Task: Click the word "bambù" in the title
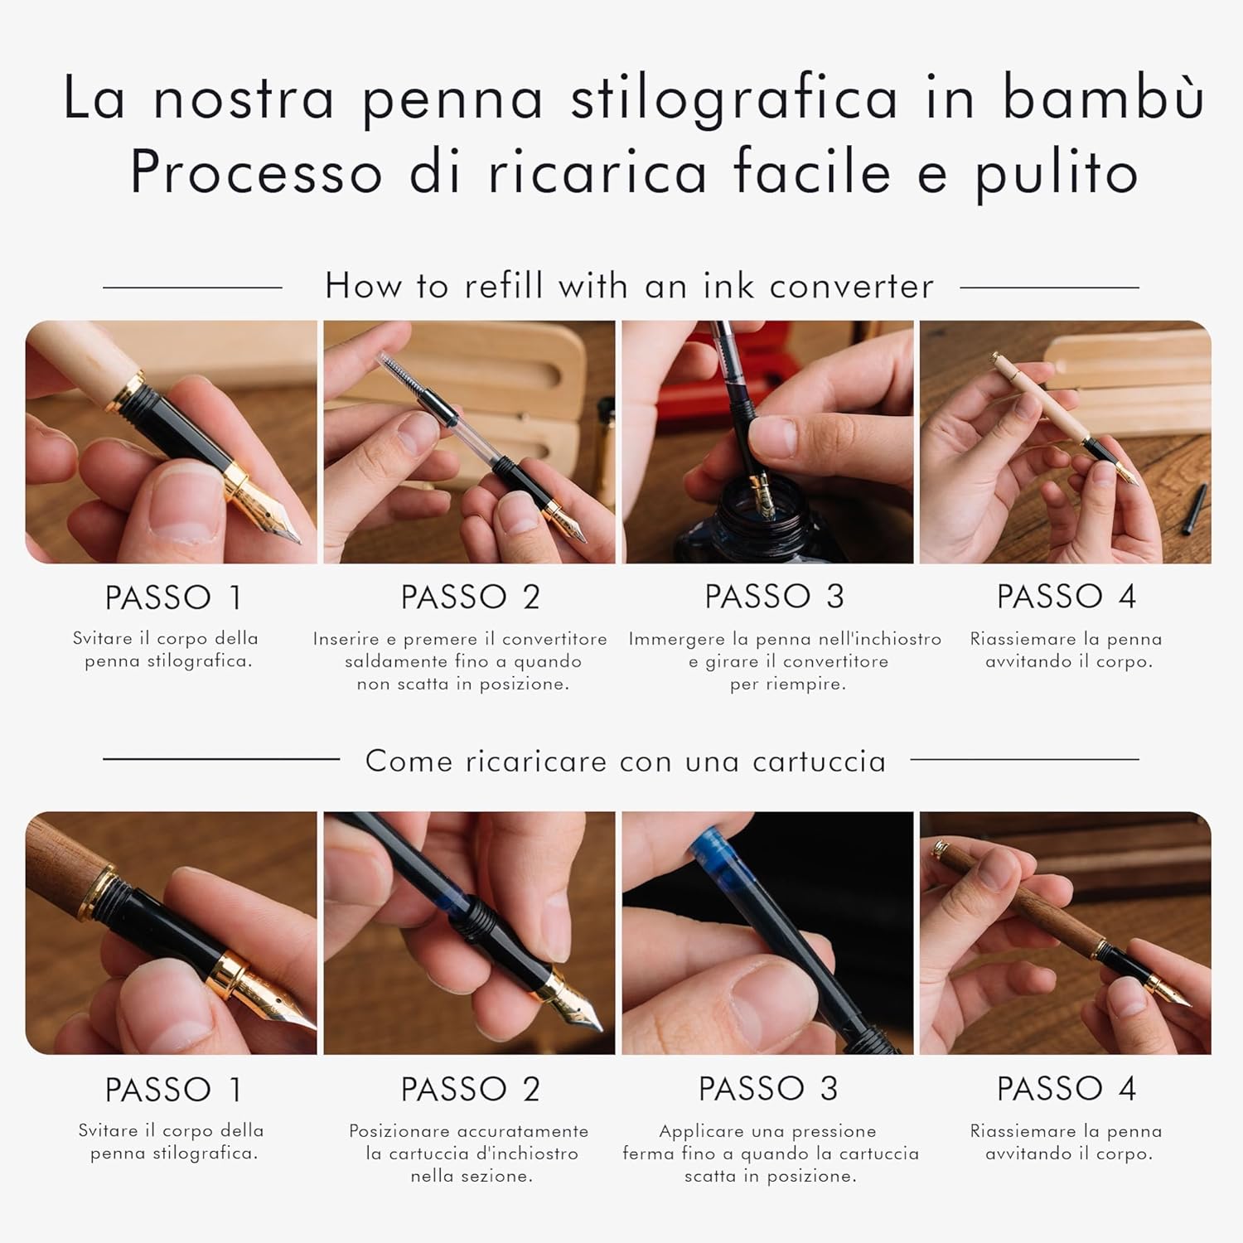click(x=1103, y=97)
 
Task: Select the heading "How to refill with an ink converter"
click(x=629, y=286)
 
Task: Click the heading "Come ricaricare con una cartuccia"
click(x=626, y=761)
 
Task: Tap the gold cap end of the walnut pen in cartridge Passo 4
click(x=941, y=848)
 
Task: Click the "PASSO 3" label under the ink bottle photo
click(x=774, y=597)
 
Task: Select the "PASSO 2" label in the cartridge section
click(x=470, y=1089)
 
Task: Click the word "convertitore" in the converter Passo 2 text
click(x=554, y=639)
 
